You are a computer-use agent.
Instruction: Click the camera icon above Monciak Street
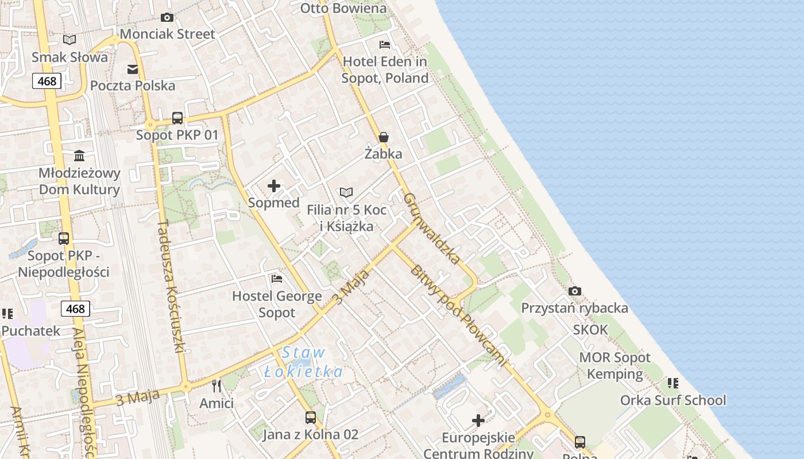[167, 18]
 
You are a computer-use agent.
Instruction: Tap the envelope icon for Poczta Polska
[133, 69]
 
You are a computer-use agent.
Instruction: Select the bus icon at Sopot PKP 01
[177, 118]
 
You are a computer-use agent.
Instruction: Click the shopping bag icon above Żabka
[384, 137]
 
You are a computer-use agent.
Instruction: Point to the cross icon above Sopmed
[274, 186]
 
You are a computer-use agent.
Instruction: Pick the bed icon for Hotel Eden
[385, 45]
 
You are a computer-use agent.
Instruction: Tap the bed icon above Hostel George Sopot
[277, 279]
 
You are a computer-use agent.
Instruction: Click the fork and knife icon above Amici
[217, 386]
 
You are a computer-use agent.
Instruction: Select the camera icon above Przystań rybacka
[575, 291]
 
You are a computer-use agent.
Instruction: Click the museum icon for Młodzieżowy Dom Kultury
[79, 156]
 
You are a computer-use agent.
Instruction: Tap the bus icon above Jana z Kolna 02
[311, 418]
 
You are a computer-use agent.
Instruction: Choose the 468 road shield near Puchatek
[75, 309]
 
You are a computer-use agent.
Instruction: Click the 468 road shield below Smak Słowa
[47, 81]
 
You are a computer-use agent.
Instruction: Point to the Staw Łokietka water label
[304, 363]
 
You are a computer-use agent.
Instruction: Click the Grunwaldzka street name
[432, 228]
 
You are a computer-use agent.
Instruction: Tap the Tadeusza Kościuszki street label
[171, 287]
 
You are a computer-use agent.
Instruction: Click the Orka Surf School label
[673, 400]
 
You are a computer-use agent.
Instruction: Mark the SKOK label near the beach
[590, 330]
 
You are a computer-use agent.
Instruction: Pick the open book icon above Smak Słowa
[69, 40]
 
